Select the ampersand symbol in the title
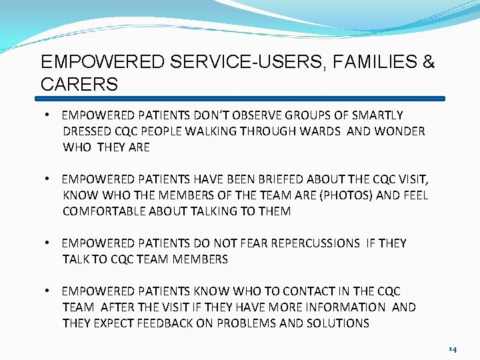(x=428, y=63)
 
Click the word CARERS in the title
(x=79, y=85)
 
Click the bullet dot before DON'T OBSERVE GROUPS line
(x=49, y=115)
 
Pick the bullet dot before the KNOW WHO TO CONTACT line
(x=49, y=291)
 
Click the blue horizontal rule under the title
(x=240, y=99)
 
